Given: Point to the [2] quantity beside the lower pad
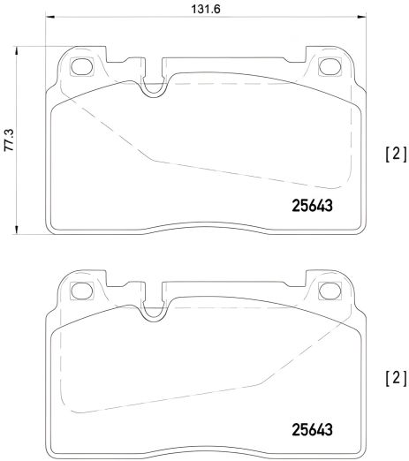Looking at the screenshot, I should click(394, 378).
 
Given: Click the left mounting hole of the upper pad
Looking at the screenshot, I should click(82, 64).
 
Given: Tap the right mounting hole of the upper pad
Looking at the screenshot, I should click(332, 64).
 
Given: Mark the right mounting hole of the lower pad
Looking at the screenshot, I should click(332, 289).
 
